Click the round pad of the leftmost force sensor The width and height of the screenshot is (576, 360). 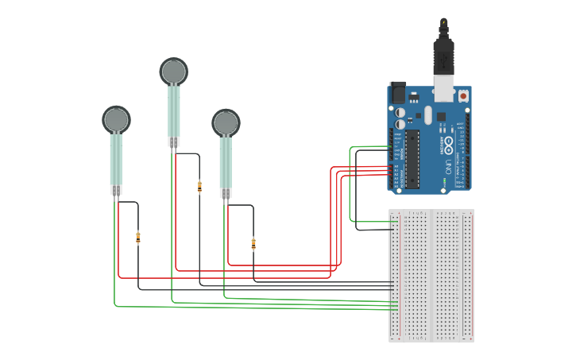click(x=116, y=119)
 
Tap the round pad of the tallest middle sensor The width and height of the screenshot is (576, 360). click(x=174, y=72)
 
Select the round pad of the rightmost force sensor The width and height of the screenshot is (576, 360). click(x=226, y=122)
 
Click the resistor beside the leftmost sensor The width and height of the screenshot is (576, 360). click(x=138, y=236)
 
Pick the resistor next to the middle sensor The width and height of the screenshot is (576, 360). click(x=199, y=187)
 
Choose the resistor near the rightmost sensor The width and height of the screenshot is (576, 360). click(x=253, y=243)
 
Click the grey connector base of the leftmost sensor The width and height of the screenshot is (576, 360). click(x=116, y=190)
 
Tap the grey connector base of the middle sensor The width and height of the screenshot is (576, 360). click(x=174, y=142)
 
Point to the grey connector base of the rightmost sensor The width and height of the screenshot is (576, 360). click(x=226, y=193)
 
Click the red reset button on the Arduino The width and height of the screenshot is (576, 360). click(x=463, y=95)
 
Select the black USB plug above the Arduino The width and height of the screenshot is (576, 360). click(x=443, y=56)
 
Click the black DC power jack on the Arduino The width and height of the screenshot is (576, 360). click(x=397, y=92)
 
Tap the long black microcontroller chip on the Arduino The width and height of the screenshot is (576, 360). click(x=412, y=159)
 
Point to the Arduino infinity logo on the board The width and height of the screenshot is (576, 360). click(x=448, y=145)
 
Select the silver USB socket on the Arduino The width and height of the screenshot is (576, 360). click(x=443, y=89)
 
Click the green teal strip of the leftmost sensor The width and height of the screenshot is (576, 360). click(x=116, y=159)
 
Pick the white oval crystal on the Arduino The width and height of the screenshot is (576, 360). click(x=427, y=115)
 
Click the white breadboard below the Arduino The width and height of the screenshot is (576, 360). click(x=431, y=275)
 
